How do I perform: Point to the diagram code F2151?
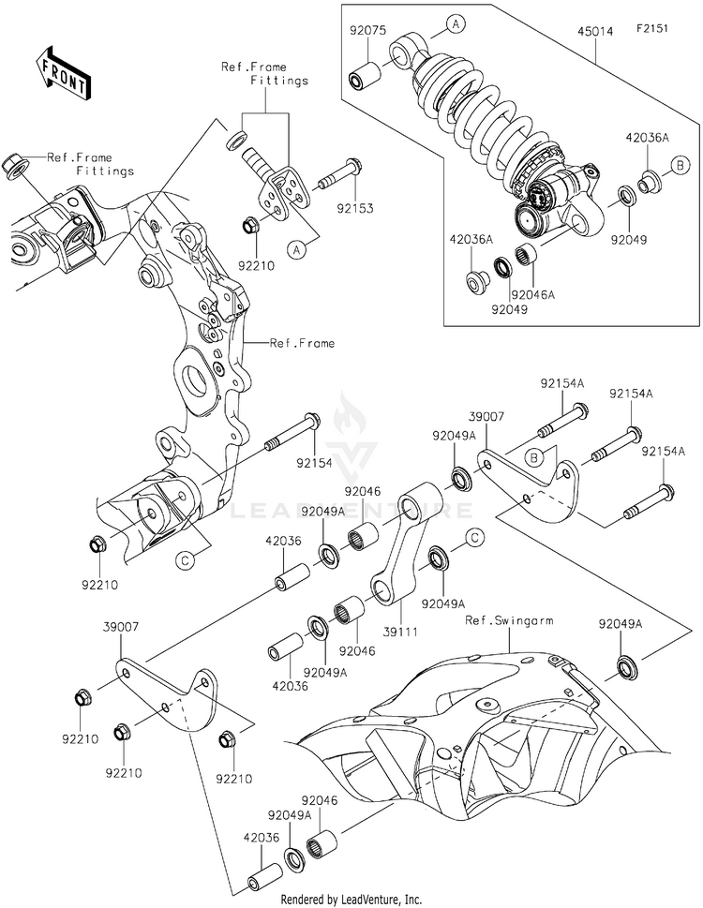[x=665, y=31]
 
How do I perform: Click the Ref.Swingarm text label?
[x=506, y=620]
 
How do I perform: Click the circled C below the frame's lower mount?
[x=186, y=560]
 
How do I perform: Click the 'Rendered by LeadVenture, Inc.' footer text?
[x=351, y=899]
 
